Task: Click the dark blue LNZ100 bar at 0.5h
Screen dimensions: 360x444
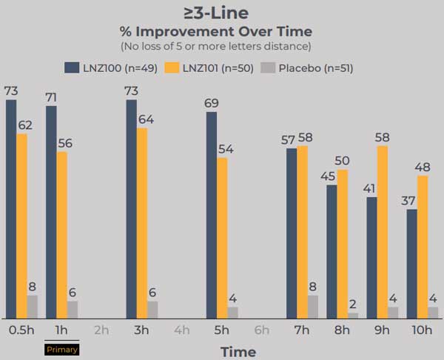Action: click(11, 208)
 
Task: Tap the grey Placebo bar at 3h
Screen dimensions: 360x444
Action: click(152, 310)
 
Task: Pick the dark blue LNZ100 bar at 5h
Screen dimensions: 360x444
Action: click(212, 215)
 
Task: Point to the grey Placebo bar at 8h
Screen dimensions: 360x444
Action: click(352, 316)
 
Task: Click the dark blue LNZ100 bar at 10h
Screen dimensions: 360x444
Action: click(412, 264)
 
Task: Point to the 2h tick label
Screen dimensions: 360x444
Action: click(101, 330)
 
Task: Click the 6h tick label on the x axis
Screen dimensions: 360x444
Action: click(261, 330)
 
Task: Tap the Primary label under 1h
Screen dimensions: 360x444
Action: click(61, 349)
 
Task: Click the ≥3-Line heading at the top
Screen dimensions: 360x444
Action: click(215, 13)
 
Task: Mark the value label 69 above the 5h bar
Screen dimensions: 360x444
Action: click(212, 101)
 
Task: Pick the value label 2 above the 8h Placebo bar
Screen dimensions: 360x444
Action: click(352, 303)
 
